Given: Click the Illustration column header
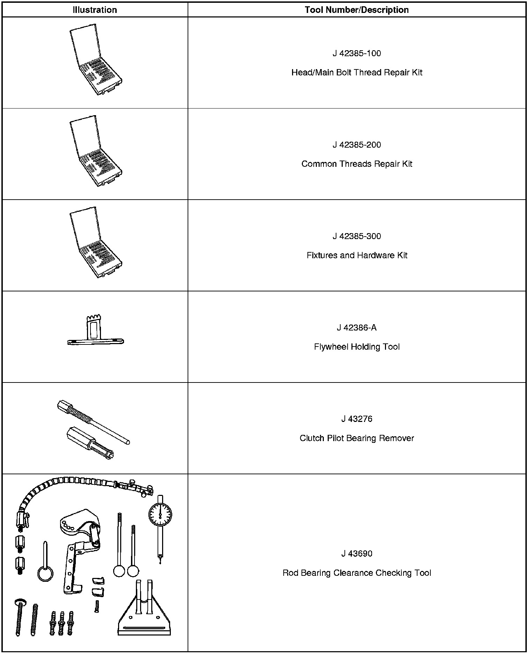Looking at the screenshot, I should tap(95, 10).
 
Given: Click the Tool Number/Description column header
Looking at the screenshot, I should tap(357, 10).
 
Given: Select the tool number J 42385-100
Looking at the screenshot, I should tap(357, 53).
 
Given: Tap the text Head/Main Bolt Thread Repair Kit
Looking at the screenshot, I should tap(357, 73).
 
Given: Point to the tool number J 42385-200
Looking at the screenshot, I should tap(357, 145).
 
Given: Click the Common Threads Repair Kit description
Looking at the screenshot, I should tap(357, 164).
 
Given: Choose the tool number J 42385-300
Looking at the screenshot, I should tap(357, 236).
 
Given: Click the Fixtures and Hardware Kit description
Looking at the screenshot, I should tap(357, 255).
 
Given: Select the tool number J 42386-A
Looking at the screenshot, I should tap(357, 328).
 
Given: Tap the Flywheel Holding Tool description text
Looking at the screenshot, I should tap(357, 347).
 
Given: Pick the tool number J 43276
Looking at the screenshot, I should tap(357, 419).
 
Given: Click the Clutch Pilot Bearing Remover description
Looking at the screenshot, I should tap(357, 438).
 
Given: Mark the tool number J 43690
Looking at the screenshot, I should tap(357, 554).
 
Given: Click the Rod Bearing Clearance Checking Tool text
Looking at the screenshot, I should tap(357, 573).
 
